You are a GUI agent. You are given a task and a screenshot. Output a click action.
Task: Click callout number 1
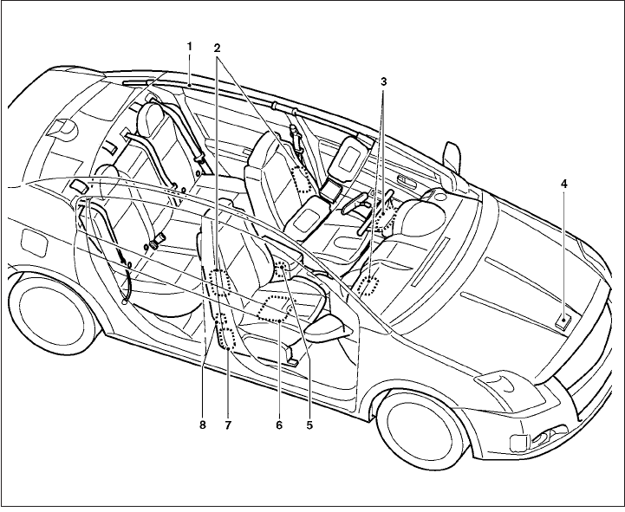189,45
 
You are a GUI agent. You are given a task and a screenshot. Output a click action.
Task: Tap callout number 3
383,81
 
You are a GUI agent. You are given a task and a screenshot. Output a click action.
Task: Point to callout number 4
564,185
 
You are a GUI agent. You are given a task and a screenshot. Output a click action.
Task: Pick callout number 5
309,425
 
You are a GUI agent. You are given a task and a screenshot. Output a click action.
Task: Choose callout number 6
279,425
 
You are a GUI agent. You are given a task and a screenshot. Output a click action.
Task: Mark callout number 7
228,425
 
